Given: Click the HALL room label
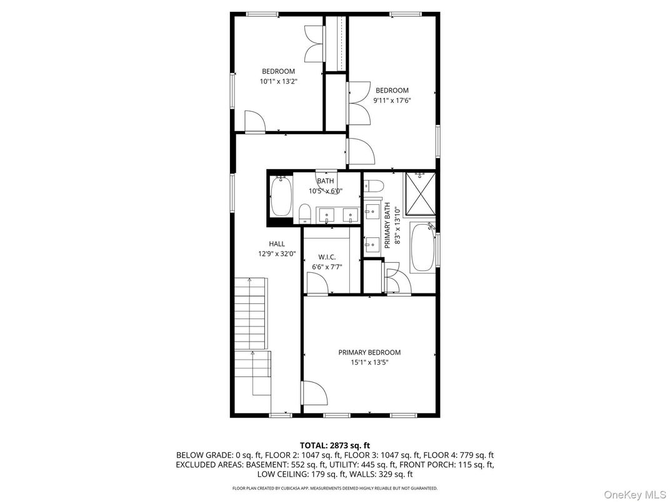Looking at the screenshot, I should (x=277, y=244).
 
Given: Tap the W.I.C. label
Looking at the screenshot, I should (x=327, y=257).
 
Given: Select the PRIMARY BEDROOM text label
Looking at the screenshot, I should (x=369, y=353).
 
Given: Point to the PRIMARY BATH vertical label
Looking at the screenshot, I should (x=387, y=225).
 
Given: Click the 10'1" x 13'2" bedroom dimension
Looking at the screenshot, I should (x=278, y=81).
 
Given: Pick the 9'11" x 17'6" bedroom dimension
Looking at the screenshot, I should (x=392, y=100).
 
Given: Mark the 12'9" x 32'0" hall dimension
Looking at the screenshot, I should (x=277, y=254).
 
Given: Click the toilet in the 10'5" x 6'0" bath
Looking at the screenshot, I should (x=304, y=214).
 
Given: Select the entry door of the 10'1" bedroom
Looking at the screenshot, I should (x=255, y=122).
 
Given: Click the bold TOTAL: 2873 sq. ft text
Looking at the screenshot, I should (x=335, y=445).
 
